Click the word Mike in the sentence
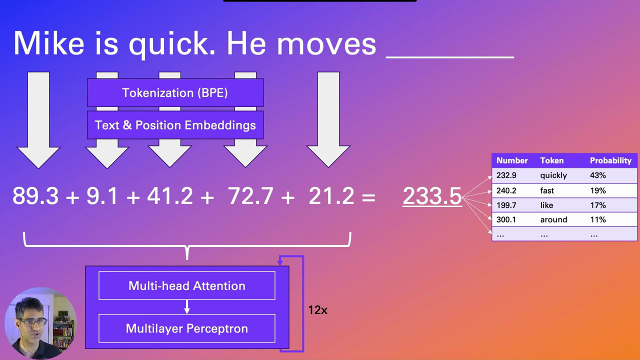point(48,43)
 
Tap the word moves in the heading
point(326,43)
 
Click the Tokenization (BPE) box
point(175,93)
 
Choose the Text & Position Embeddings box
point(175,125)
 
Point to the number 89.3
point(35,196)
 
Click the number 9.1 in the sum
point(102,196)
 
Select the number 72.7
point(252,196)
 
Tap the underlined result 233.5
point(432,196)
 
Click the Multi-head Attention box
point(186,285)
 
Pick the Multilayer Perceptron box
point(186,328)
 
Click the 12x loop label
point(317,310)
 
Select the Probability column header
point(610,160)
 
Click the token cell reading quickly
point(553,175)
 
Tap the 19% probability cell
point(597,190)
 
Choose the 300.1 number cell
point(506,219)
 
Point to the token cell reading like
point(546,205)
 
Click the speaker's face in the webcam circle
point(31,320)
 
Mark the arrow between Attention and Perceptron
point(186,307)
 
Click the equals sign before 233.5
point(368,197)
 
